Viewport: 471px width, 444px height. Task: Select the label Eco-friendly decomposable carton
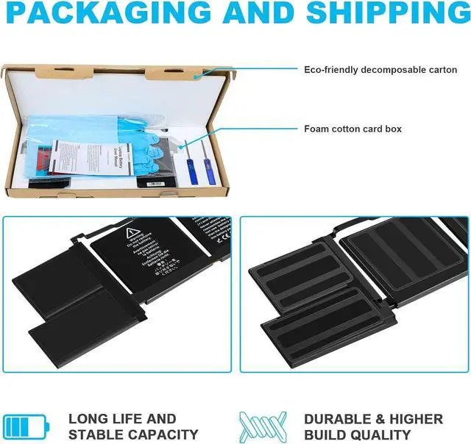click(x=380, y=70)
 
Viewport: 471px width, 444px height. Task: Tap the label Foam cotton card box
click(x=353, y=129)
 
